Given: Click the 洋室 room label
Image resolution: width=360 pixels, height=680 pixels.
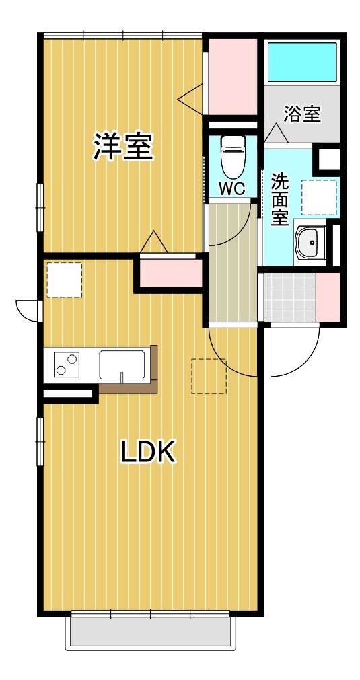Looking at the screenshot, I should pyautogui.click(x=123, y=147).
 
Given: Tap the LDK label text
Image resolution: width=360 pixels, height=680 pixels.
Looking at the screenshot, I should pyautogui.click(x=148, y=452).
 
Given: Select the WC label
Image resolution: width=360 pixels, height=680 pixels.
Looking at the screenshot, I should pyautogui.click(x=232, y=188).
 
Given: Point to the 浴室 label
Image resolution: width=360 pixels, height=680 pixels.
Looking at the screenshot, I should pyautogui.click(x=301, y=114).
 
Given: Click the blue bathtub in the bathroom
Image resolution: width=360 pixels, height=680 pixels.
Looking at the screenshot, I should pyautogui.click(x=302, y=62).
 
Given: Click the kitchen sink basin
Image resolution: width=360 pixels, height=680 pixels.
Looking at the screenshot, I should pyautogui.click(x=122, y=365).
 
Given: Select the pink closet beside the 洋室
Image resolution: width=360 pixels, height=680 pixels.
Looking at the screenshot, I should pyautogui.click(x=231, y=75).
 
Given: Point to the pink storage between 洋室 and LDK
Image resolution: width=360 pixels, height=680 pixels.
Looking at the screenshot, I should pyautogui.click(x=171, y=273).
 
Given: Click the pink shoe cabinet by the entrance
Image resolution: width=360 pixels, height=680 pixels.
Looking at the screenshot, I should pyautogui.click(x=328, y=297).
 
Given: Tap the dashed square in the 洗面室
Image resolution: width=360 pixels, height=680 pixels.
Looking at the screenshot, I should pyautogui.click(x=318, y=196).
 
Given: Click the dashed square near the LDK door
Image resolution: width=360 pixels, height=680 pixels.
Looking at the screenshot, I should pyautogui.click(x=209, y=375).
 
